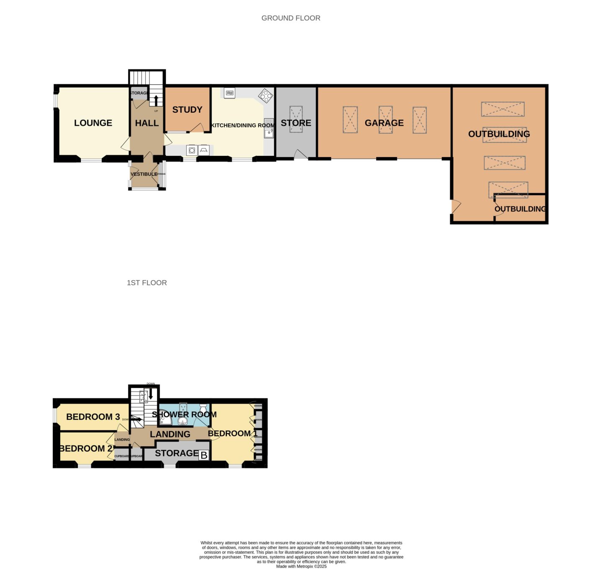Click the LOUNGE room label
pyautogui.click(x=93, y=123)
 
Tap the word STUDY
pyautogui.click(x=187, y=110)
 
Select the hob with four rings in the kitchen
pyautogui.click(x=265, y=96)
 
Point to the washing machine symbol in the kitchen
pyautogui.click(x=192, y=150)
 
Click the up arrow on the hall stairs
pyautogui.click(x=156, y=101)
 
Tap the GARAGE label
pyautogui.click(x=384, y=123)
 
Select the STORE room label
pyautogui.click(x=296, y=123)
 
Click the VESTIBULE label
pyautogui.click(x=144, y=174)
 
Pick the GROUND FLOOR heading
pyautogui.click(x=291, y=18)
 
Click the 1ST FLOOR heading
pyautogui.click(x=147, y=283)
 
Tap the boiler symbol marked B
pyautogui.click(x=204, y=455)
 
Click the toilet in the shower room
pyautogui.click(x=204, y=408)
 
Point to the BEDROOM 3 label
pyautogui.click(x=93, y=417)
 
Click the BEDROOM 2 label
pyautogui.click(x=85, y=449)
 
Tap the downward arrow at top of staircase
pyautogui.click(x=151, y=394)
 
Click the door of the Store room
pyautogui.click(x=300, y=155)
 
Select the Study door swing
pyautogui.click(x=197, y=128)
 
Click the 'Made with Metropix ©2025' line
pyautogui.click(x=301, y=566)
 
